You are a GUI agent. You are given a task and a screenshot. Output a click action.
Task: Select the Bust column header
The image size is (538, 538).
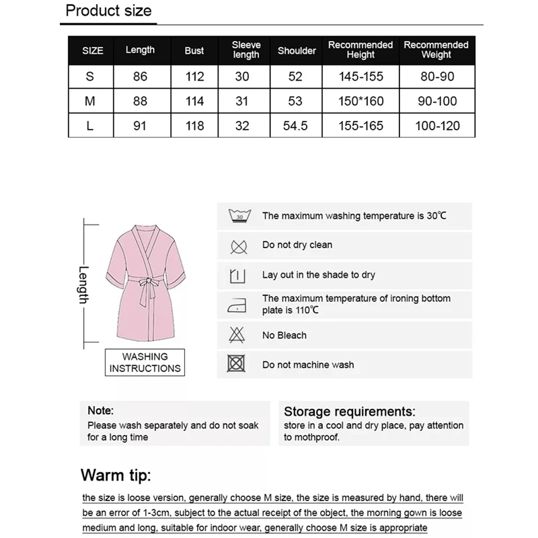194,50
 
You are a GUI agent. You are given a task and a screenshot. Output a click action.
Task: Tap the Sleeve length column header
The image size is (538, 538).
246,50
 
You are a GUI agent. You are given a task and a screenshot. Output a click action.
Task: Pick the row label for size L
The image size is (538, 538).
90,125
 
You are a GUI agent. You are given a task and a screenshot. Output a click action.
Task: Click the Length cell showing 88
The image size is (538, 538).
140,101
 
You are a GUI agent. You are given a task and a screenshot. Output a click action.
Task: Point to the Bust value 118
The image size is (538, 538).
194,125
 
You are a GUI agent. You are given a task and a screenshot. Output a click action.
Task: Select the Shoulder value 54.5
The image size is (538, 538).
296,125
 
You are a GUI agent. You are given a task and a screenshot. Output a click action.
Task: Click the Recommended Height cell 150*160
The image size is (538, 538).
360,101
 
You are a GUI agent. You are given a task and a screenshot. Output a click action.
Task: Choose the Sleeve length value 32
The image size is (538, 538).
242,125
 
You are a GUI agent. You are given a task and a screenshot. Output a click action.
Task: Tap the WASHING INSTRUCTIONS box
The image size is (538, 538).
145,362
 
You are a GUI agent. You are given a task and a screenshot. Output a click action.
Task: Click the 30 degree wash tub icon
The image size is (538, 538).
239,217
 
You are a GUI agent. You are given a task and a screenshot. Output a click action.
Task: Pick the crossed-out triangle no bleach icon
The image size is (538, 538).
237,335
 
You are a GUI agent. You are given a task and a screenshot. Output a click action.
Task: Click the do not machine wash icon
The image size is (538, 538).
237,364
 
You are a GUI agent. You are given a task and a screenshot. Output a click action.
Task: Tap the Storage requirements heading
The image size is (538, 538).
350,412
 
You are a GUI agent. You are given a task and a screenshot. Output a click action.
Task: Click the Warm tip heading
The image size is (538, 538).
116,475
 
